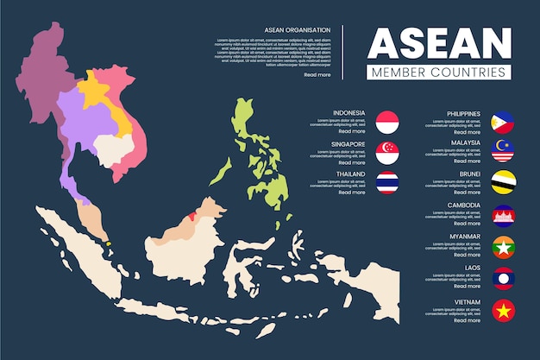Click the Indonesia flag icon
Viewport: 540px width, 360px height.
click(x=387, y=123)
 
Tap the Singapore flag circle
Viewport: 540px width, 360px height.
click(x=387, y=153)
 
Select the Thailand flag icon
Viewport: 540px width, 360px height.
click(x=387, y=182)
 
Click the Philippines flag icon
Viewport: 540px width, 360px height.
click(x=503, y=123)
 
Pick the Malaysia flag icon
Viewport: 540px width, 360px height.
click(x=503, y=152)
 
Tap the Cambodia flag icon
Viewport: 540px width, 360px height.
click(x=503, y=216)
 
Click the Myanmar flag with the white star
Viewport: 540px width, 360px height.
click(x=503, y=247)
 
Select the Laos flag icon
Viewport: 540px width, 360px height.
click(x=503, y=278)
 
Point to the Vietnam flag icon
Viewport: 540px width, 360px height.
click(x=503, y=309)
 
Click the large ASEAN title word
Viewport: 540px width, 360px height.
click(x=439, y=42)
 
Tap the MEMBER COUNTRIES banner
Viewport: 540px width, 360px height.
click(x=439, y=73)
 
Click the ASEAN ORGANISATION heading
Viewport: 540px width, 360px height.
click(x=298, y=30)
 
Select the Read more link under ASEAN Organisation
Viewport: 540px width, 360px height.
click(x=317, y=75)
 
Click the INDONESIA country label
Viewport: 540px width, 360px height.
click(x=348, y=113)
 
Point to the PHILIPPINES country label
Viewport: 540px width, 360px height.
click(x=464, y=113)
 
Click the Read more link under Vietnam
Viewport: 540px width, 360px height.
click(x=467, y=320)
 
